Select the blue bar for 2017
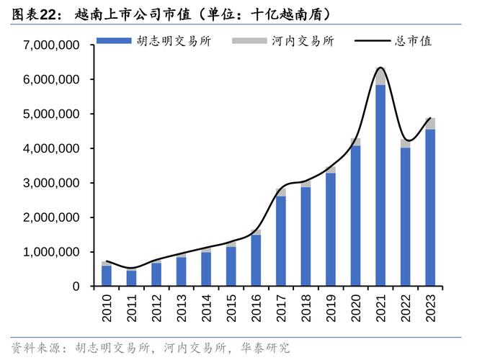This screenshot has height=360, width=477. point(280,241)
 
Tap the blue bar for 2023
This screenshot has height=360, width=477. point(430,208)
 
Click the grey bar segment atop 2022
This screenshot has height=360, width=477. point(405,144)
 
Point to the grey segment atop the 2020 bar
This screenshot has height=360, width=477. point(355,142)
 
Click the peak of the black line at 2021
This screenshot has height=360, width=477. point(380,68)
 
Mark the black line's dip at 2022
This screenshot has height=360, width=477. point(406,140)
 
